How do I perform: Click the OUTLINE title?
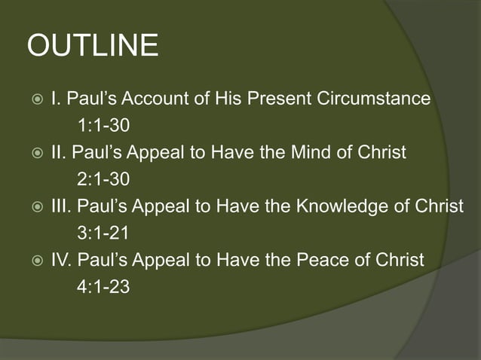(x=93, y=47)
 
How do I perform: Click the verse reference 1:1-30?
(x=98, y=125)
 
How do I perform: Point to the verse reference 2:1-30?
(x=98, y=179)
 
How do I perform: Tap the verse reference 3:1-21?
(x=98, y=233)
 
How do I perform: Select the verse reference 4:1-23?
(x=98, y=287)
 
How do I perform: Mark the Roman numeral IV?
(x=60, y=261)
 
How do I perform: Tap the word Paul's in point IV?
(x=103, y=261)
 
